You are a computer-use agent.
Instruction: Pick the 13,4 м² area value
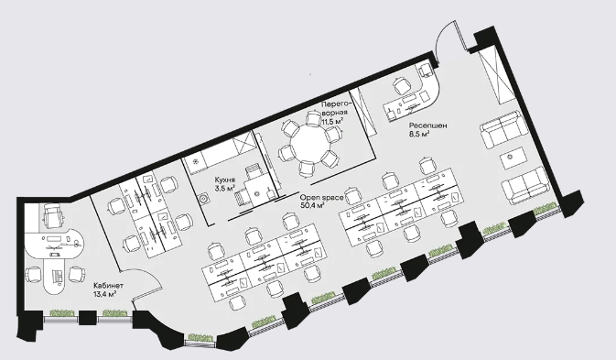pos(105,293)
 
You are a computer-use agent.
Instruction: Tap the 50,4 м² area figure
pos(312,205)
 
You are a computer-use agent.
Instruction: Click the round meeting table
pos(310,143)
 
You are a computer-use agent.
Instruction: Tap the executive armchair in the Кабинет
pos(53,215)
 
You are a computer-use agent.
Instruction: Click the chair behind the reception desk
pos(402,86)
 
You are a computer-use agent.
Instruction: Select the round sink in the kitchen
pos(204,199)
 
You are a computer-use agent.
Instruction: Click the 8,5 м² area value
pos(419,134)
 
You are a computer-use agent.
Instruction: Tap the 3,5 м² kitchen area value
pos(225,188)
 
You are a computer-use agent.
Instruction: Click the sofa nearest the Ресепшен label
pos(503,129)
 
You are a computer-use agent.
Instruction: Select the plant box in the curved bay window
pos(200,338)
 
